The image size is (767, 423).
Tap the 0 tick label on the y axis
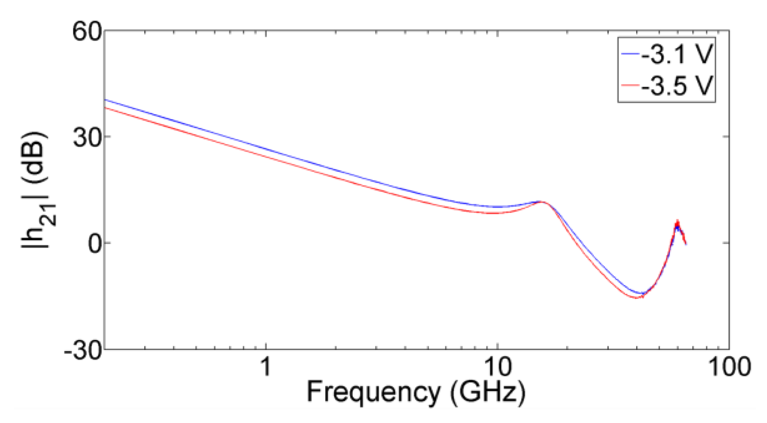click(95, 244)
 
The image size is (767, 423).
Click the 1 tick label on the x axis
click(265, 367)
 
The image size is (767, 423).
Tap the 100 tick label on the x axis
click(729, 367)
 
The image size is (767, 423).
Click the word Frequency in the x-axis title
click(372, 391)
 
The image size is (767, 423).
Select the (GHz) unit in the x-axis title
click(487, 391)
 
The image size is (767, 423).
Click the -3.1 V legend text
click(677, 54)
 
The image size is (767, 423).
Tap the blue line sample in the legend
click(630, 54)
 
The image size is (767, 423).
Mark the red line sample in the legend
click(630, 85)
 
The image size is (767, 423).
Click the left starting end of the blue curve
click(105, 100)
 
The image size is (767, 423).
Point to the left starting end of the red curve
click(105, 108)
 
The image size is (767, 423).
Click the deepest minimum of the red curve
click(637, 298)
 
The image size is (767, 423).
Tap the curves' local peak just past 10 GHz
click(541, 202)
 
